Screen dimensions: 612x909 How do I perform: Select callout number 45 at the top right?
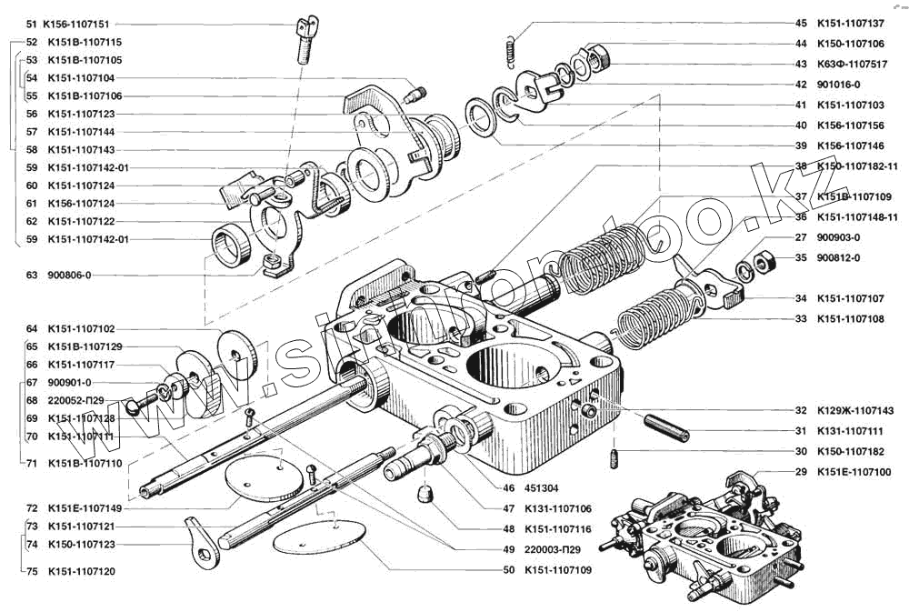tap(800, 24)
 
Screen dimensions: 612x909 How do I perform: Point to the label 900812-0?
tap(838, 257)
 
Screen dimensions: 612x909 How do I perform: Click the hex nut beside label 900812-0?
tap(764, 261)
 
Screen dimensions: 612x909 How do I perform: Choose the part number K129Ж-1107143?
tap(855, 410)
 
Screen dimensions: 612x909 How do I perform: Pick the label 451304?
tap(543, 487)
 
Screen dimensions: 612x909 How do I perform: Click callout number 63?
tap(32, 275)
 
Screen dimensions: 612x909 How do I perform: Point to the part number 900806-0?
tap(70, 275)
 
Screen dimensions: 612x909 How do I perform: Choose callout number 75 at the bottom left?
tap(32, 572)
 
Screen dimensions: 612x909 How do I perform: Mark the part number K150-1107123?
tap(81, 544)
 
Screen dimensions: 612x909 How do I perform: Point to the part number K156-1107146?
tap(851, 145)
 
